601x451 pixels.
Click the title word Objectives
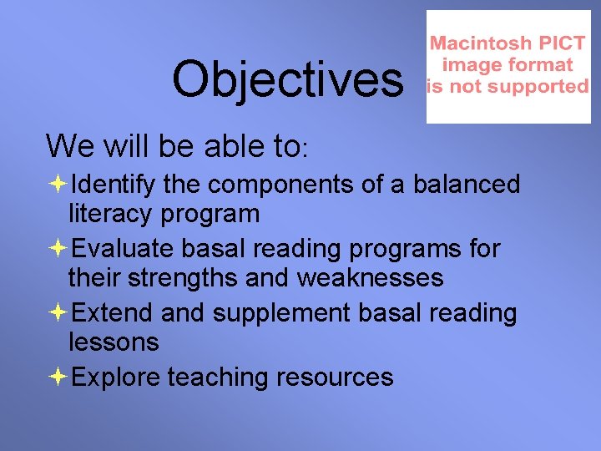286,79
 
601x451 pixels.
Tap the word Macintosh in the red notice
475,43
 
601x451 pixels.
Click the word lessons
114,342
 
